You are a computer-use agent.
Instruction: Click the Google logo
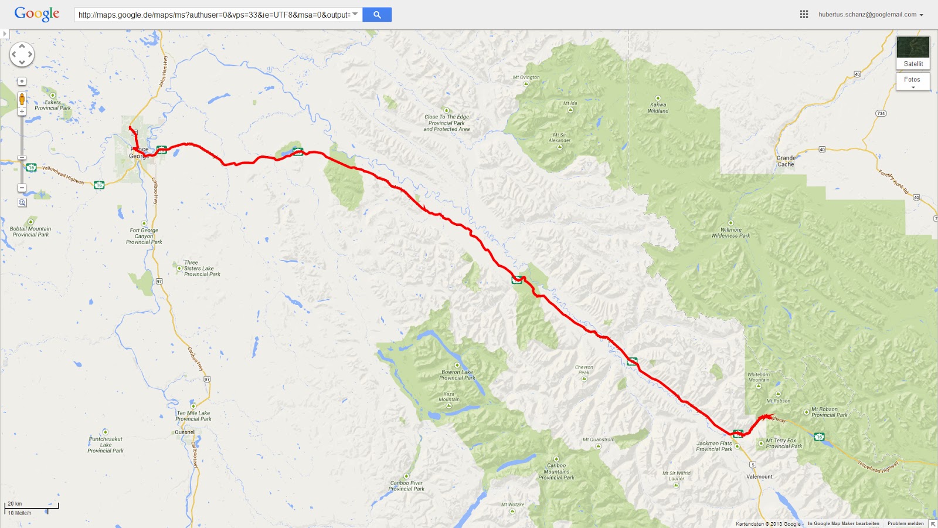pos(37,13)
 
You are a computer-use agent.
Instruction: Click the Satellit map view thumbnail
pos(913,52)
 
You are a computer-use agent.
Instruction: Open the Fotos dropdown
pos(912,81)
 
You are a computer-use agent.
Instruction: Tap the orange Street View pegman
pos(22,99)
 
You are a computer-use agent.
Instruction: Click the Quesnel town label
pos(185,432)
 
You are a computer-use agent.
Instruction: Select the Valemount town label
pos(759,476)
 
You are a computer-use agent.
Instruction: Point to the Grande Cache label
pos(786,161)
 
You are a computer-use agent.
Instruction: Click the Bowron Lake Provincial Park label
pos(457,375)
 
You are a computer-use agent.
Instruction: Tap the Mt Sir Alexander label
pos(559,138)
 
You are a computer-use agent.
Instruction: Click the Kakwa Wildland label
pos(658,108)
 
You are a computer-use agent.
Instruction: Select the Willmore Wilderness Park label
pos(730,233)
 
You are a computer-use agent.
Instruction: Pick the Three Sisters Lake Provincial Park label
pos(199,269)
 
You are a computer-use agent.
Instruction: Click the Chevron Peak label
pos(584,370)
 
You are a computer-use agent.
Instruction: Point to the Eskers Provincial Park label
pos(53,105)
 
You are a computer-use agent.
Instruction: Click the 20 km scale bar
pos(32,506)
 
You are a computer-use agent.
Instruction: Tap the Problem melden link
pos(905,523)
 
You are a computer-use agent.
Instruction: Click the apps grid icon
pos(804,15)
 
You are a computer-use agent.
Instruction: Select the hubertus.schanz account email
pos(867,15)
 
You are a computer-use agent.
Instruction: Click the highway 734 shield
pos(881,113)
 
